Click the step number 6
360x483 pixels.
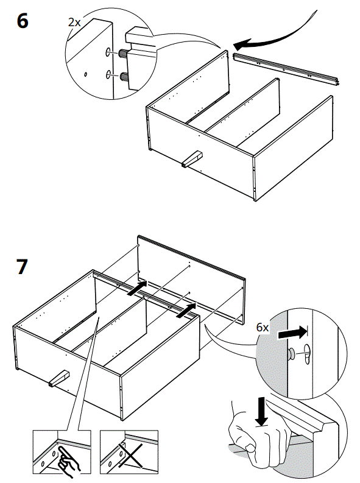22,21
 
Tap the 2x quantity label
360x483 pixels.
74,22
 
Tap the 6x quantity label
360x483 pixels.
263,327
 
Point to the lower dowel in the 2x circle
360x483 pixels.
127,77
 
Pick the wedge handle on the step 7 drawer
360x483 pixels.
58,380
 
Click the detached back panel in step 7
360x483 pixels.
192,274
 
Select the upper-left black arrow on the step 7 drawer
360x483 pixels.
138,287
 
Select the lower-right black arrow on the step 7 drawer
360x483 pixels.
186,311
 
